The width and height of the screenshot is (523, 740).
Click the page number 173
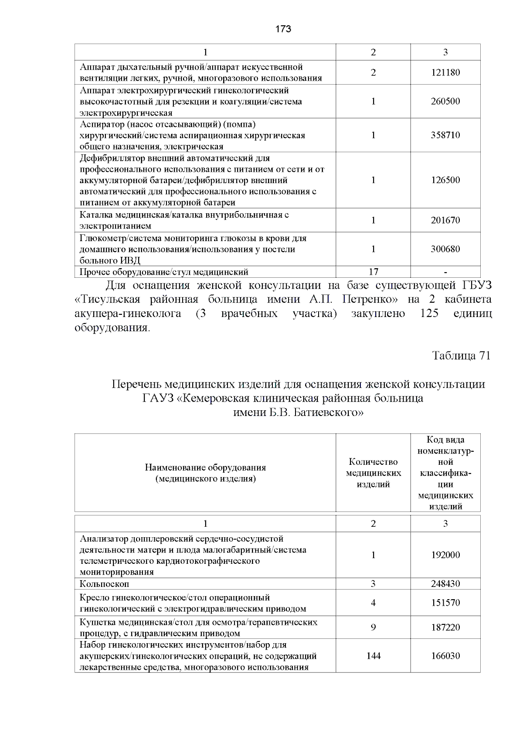coord(283,29)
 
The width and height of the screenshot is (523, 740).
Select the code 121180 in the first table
coord(445,72)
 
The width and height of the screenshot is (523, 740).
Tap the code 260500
coord(445,101)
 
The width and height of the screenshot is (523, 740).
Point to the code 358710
coord(445,135)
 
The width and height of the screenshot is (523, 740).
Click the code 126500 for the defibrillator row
coord(445,180)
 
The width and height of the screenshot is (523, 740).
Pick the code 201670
coord(445,220)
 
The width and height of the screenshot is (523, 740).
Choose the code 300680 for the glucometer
coord(445,249)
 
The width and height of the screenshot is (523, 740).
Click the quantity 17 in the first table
coord(373,272)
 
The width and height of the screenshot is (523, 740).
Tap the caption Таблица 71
coord(461,355)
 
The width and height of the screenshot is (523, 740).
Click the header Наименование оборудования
coord(205,467)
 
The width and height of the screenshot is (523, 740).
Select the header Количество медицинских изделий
coord(373,473)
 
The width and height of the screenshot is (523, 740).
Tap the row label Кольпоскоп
coord(104,583)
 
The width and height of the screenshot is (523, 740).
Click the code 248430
coord(445,583)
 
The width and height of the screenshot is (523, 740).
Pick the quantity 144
coord(373,656)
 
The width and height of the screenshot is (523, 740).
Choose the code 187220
coord(445,627)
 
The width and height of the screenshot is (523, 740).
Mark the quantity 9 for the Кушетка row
coord(373,627)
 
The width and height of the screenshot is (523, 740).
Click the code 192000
coord(445,555)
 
